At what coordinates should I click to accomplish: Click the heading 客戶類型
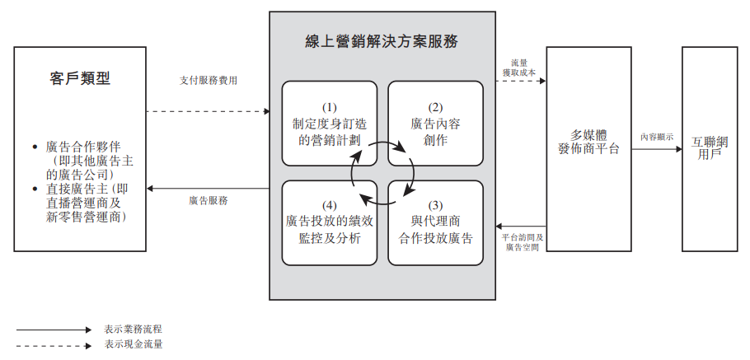coord(80,79)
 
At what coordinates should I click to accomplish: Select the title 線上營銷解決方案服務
coord(382,41)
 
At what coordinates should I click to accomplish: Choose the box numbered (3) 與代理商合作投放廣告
coord(435,222)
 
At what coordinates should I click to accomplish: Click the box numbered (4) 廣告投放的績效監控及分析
coord(330,222)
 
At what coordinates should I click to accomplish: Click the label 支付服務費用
coord(209,81)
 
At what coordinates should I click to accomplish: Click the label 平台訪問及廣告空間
coord(523,241)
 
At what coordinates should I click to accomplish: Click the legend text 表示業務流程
coord(134,329)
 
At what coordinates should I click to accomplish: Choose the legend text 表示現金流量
coord(134,344)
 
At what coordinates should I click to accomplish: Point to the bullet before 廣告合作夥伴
coord(35,147)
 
